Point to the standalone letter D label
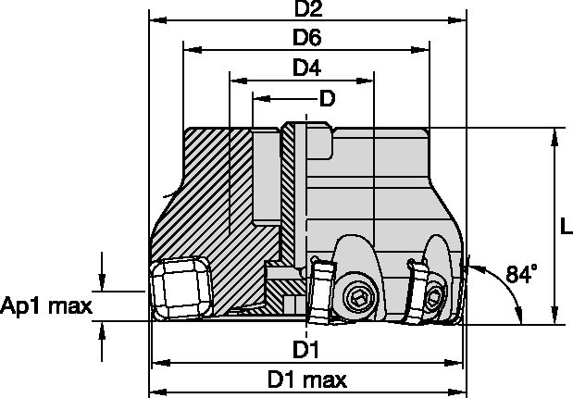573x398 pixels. [326, 97]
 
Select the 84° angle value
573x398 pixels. [522, 274]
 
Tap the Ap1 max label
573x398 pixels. [46, 305]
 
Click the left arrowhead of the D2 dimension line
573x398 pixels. [156, 19]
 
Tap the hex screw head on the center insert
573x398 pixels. [358, 297]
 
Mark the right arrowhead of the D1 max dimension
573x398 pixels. [460, 390]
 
